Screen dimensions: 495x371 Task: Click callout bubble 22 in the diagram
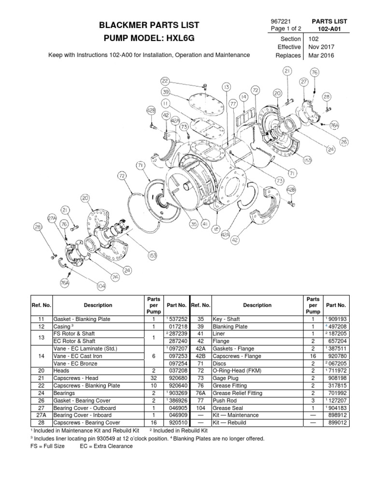coord(165,81)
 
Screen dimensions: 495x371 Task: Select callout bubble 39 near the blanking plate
coord(165,92)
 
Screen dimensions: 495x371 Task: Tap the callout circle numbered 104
coord(100,286)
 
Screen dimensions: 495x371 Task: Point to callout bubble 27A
coord(53,218)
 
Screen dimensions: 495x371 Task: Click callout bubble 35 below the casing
coord(193,224)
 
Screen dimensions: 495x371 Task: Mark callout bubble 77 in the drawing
coord(233,103)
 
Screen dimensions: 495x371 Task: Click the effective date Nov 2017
coord(320,47)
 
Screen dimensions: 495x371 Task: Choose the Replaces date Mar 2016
coord(320,55)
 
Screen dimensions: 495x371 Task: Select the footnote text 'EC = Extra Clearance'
coord(106,446)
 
